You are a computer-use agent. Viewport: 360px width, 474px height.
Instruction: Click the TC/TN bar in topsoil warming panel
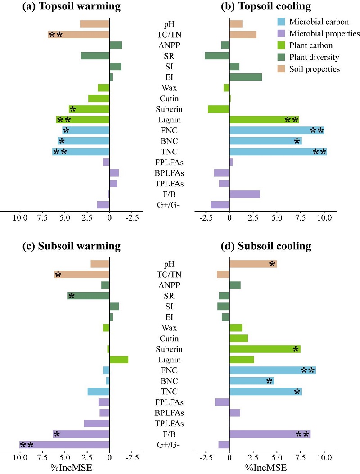coord(79,34)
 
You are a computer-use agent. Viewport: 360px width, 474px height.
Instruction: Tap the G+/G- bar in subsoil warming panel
coord(64,445)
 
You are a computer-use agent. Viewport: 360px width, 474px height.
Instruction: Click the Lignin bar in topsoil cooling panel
coord(264,120)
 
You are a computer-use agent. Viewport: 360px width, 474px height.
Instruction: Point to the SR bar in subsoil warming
coord(89,296)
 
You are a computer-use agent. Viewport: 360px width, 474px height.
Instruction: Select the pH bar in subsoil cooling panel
coord(253,264)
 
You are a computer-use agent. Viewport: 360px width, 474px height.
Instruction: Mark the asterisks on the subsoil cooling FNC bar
coord(308,370)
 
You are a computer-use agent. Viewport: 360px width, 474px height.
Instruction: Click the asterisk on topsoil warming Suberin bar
coord(72,109)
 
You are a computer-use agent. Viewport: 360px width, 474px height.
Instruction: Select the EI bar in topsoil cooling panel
coord(246,77)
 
